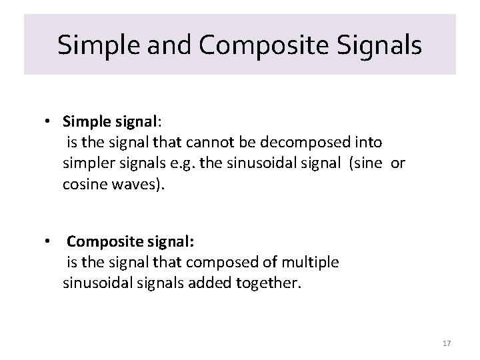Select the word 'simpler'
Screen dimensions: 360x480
click(x=87, y=163)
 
